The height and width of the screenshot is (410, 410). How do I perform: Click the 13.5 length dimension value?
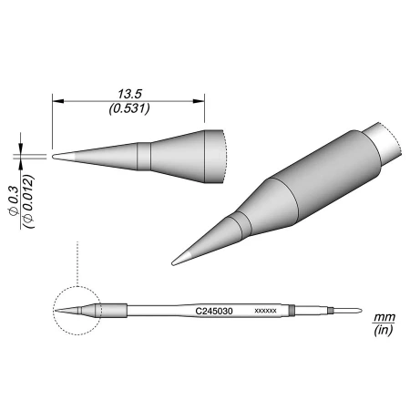point(129,94)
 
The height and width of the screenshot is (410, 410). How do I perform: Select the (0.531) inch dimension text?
point(129,108)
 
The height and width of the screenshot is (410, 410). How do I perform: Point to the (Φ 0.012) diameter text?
point(28,201)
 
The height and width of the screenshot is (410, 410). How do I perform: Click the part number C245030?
point(214,312)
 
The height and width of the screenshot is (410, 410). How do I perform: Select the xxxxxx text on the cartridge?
point(265,311)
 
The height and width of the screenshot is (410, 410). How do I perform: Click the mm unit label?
point(384,318)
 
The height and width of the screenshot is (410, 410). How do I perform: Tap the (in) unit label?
point(384,330)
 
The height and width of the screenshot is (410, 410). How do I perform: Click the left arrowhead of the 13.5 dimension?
point(57,101)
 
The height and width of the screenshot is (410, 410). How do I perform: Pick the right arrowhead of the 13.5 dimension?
point(199,101)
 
